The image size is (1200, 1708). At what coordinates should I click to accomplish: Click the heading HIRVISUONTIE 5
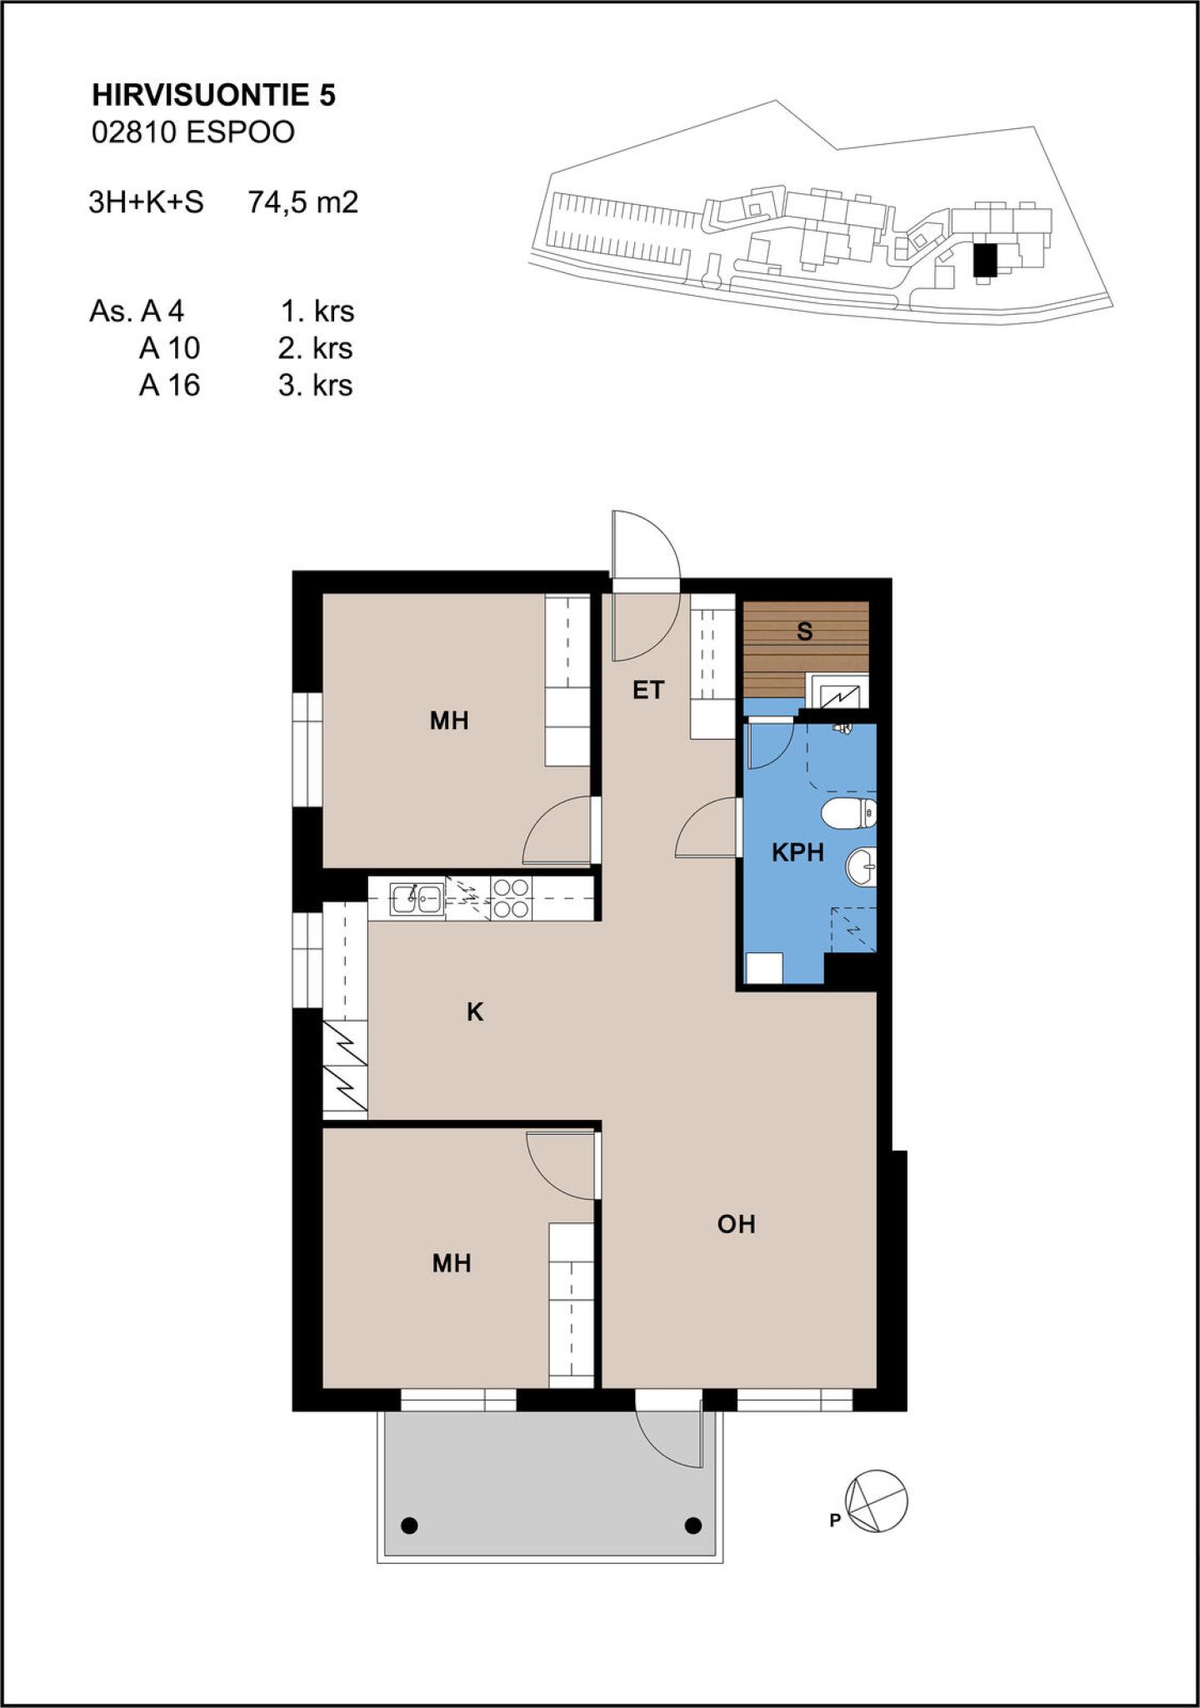pos(213,96)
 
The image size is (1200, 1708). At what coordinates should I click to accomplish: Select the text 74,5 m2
pos(302,202)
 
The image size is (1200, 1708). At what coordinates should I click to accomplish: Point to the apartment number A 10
pos(170,348)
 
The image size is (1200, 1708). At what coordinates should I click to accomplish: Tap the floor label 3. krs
pos(316,386)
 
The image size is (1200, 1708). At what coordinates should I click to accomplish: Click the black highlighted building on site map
pos(986,260)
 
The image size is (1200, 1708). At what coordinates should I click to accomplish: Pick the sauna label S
pos(804,632)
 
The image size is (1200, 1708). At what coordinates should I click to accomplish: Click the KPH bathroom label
pos(797,852)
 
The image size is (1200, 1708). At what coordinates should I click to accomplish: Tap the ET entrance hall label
pos(648,690)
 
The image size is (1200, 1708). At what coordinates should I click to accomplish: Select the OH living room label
pos(737,1224)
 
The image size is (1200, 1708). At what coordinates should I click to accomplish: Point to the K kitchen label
pos(475,1012)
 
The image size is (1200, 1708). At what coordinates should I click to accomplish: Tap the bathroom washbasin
pos(862,866)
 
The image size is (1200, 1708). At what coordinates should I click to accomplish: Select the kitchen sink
pos(417,898)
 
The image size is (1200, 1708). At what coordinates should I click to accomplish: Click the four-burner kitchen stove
pos(511,898)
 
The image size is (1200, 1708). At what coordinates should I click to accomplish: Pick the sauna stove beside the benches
pos(840,693)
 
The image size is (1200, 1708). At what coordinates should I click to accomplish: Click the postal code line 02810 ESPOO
pos(193,132)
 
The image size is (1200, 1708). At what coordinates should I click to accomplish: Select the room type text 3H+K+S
pos(147,202)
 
